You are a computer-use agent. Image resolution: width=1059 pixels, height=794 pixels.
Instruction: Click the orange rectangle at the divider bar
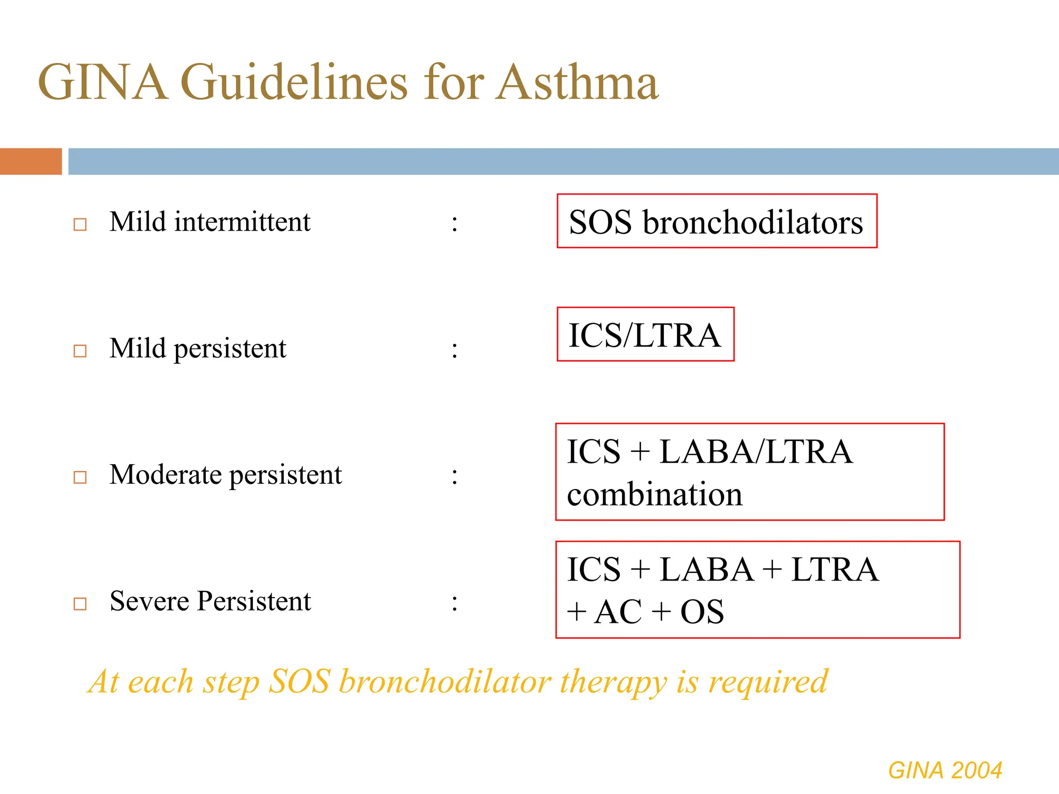tap(31, 161)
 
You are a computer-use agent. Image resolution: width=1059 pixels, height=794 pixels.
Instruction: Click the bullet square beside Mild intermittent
tap(80, 224)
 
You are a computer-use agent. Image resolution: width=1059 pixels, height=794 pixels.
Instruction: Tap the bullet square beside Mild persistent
tap(80, 351)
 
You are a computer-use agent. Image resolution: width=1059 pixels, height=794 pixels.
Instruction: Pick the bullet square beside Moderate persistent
tap(80, 477)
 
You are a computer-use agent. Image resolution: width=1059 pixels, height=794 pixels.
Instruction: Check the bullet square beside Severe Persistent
tap(80, 603)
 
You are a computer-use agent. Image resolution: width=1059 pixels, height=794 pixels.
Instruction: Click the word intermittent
tap(242, 222)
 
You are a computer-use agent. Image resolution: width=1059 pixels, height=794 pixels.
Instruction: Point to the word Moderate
tap(165, 475)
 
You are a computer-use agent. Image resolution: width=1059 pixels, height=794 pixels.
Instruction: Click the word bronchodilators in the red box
tap(752, 223)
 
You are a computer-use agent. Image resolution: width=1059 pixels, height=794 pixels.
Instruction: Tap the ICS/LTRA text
tap(644, 335)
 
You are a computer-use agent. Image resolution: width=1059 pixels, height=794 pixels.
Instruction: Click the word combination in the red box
tap(655, 495)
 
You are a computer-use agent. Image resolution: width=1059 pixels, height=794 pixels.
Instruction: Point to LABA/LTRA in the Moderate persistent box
tap(756, 452)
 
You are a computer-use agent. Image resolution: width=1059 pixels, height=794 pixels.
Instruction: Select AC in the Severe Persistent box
tap(618, 612)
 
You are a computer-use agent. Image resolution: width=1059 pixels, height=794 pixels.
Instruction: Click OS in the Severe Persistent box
tap(702, 612)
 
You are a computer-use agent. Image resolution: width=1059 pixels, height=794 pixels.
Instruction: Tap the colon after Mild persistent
tap(455, 350)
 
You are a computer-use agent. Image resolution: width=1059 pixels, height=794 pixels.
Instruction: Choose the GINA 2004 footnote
tap(945, 770)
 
